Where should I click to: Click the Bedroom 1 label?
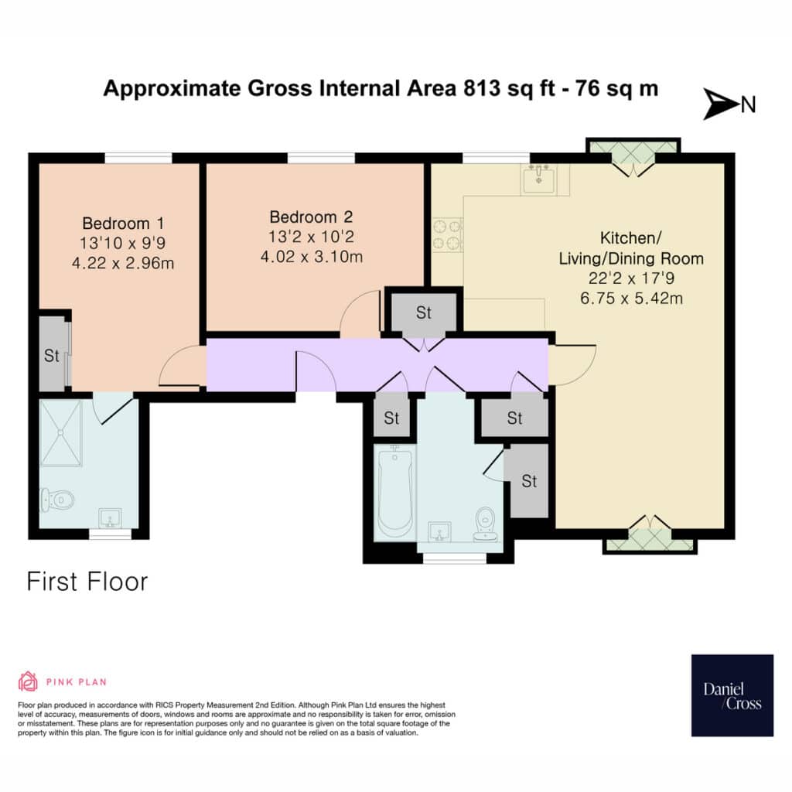pyautogui.click(x=123, y=224)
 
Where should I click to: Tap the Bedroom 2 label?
pyautogui.click(x=311, y=217)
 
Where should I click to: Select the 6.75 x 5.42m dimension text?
pyautogui.click(x=631, y=298)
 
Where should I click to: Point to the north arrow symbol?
pyautogui.click(x=721, y=104)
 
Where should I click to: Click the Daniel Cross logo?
pyautogui.click(x=732, y=695)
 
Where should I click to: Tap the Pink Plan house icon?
pyautogui.click(x=28, y=681)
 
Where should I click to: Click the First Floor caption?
pyautogui.click(x=87, y=582)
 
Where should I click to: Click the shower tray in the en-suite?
pyautogui.click(x=61, y=433)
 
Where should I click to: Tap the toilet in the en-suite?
pyautogui.click(x=57, y=500)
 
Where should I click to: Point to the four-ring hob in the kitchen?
pyautogui.click(x=448, y=234)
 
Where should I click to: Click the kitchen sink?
pyautogui.click(x=539, y=179)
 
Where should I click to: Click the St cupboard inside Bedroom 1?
pyautogui.click(x=52, y=355)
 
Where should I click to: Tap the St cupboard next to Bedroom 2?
pyautogui.click(x=424, y=312)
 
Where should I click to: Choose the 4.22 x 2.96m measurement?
pyautogui.click(x=123, y=263)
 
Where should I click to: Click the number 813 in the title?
pyautogui.click(x=481, y=88)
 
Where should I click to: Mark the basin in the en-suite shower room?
pyautogui.click(x=110, y=518)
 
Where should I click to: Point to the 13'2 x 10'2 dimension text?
pyautogui.click(x=311, y=237)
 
